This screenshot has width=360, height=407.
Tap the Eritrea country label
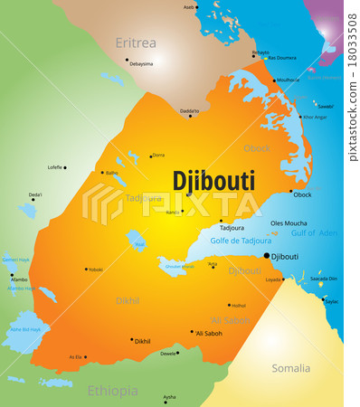pyautogui.click(x=136, y=43)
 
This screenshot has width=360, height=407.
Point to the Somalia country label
pyautogui.click(x=290, y=368)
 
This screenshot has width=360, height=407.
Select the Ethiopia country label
pyautogui.click(x=113, y=391)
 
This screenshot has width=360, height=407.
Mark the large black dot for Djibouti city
pyautogui.click(x=266, y=256)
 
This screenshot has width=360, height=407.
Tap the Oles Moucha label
pyautogui.click(x=289, y=222)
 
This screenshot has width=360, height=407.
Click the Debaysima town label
pyautogui.click(x=141, y=64)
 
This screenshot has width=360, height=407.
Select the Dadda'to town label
pyautogui.click(x=189, y=111)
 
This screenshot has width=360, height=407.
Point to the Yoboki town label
pyautogui.click(x=96, y=270)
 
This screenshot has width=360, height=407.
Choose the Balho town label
pyautogui.click(x=112, y=172)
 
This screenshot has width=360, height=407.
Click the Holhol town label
pyautogui.click(x=237, y=306)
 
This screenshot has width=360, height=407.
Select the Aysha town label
pyautogui.click(x=169, y=397)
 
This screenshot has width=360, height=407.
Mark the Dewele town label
pyautogui.click(x=168, y=354)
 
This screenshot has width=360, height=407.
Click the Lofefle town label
pyautogui.click(x=56, y=166)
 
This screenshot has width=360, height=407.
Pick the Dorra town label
pyautogui.click(x=158, y=155)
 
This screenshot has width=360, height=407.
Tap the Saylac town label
pyautogui.click(x=331, y=301)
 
